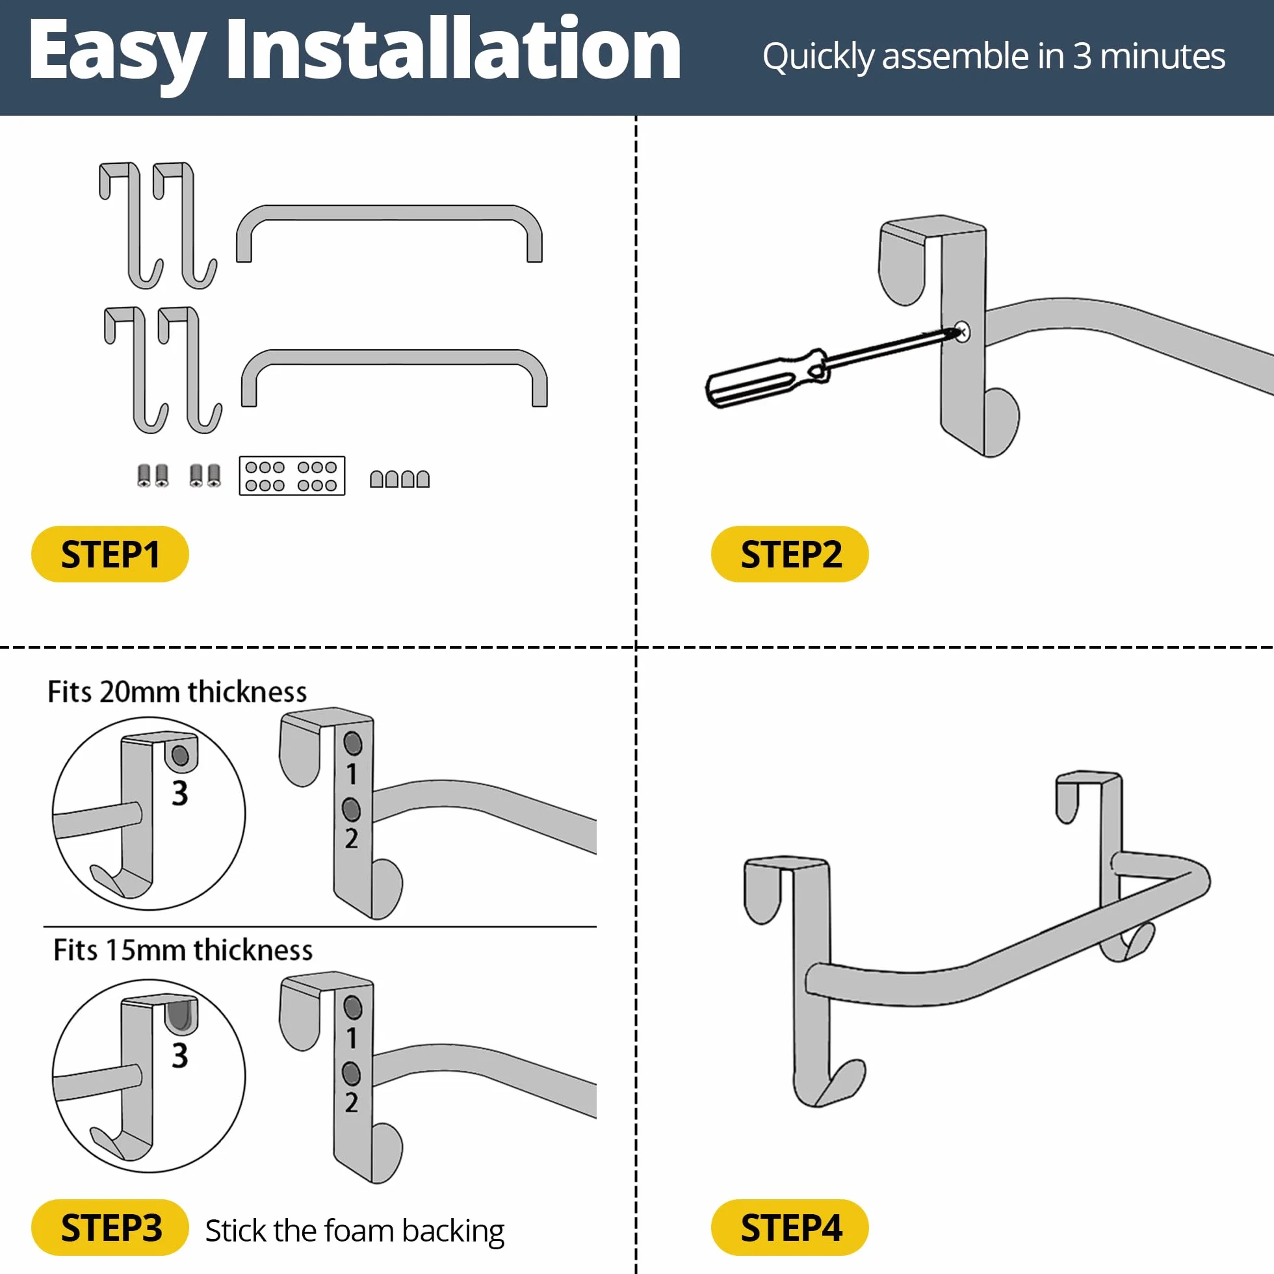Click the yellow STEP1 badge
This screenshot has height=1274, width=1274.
click(110, 554)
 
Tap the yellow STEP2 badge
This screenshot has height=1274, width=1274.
click(789, 554)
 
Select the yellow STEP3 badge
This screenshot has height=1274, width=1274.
click(110, 1228)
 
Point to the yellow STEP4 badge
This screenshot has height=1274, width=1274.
click(789, 1228)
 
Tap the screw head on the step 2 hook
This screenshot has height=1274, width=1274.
click(961, 331)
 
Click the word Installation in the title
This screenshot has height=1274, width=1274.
click(453, 51)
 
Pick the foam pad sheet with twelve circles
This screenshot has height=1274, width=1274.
click(292, 475)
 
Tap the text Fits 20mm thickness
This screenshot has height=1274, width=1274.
click(177, 692)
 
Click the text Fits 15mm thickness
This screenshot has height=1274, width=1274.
click(183, 950)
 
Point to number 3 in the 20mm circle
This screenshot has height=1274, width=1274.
click(179, 793)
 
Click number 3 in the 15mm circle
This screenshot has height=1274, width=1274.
click(179, 1056)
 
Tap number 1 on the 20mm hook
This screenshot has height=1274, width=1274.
click(352, 774)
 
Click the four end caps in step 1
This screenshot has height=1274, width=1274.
click(400, 479)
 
